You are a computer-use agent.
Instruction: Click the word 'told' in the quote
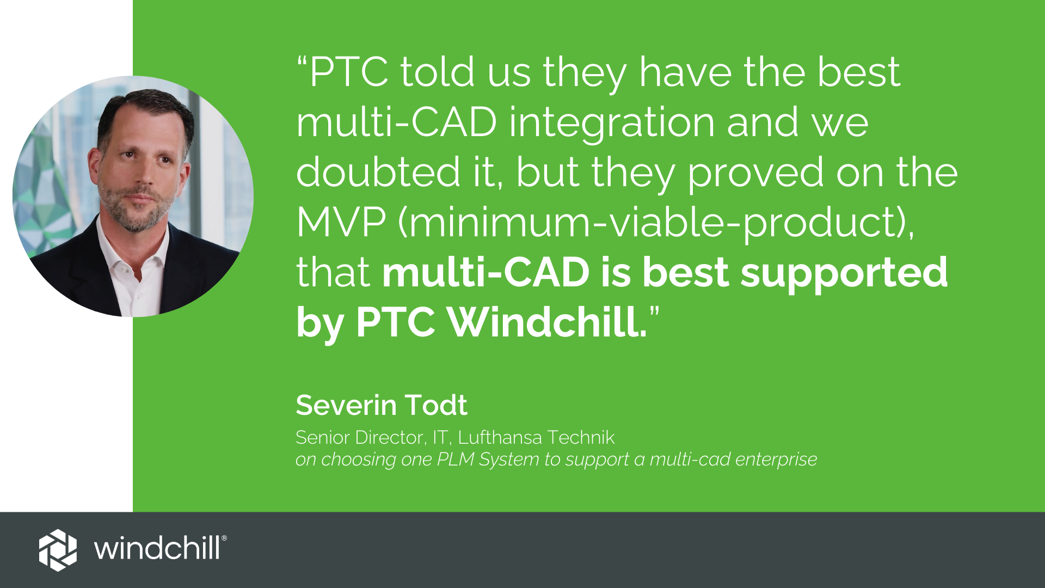tap(438, 72)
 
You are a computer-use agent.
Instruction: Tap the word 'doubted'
tap(379, 172)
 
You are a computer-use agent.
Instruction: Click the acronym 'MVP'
tap(341, 222)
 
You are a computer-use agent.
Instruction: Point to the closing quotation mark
tap(654, 313)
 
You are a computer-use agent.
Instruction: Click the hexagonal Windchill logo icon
tap(58, 550)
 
